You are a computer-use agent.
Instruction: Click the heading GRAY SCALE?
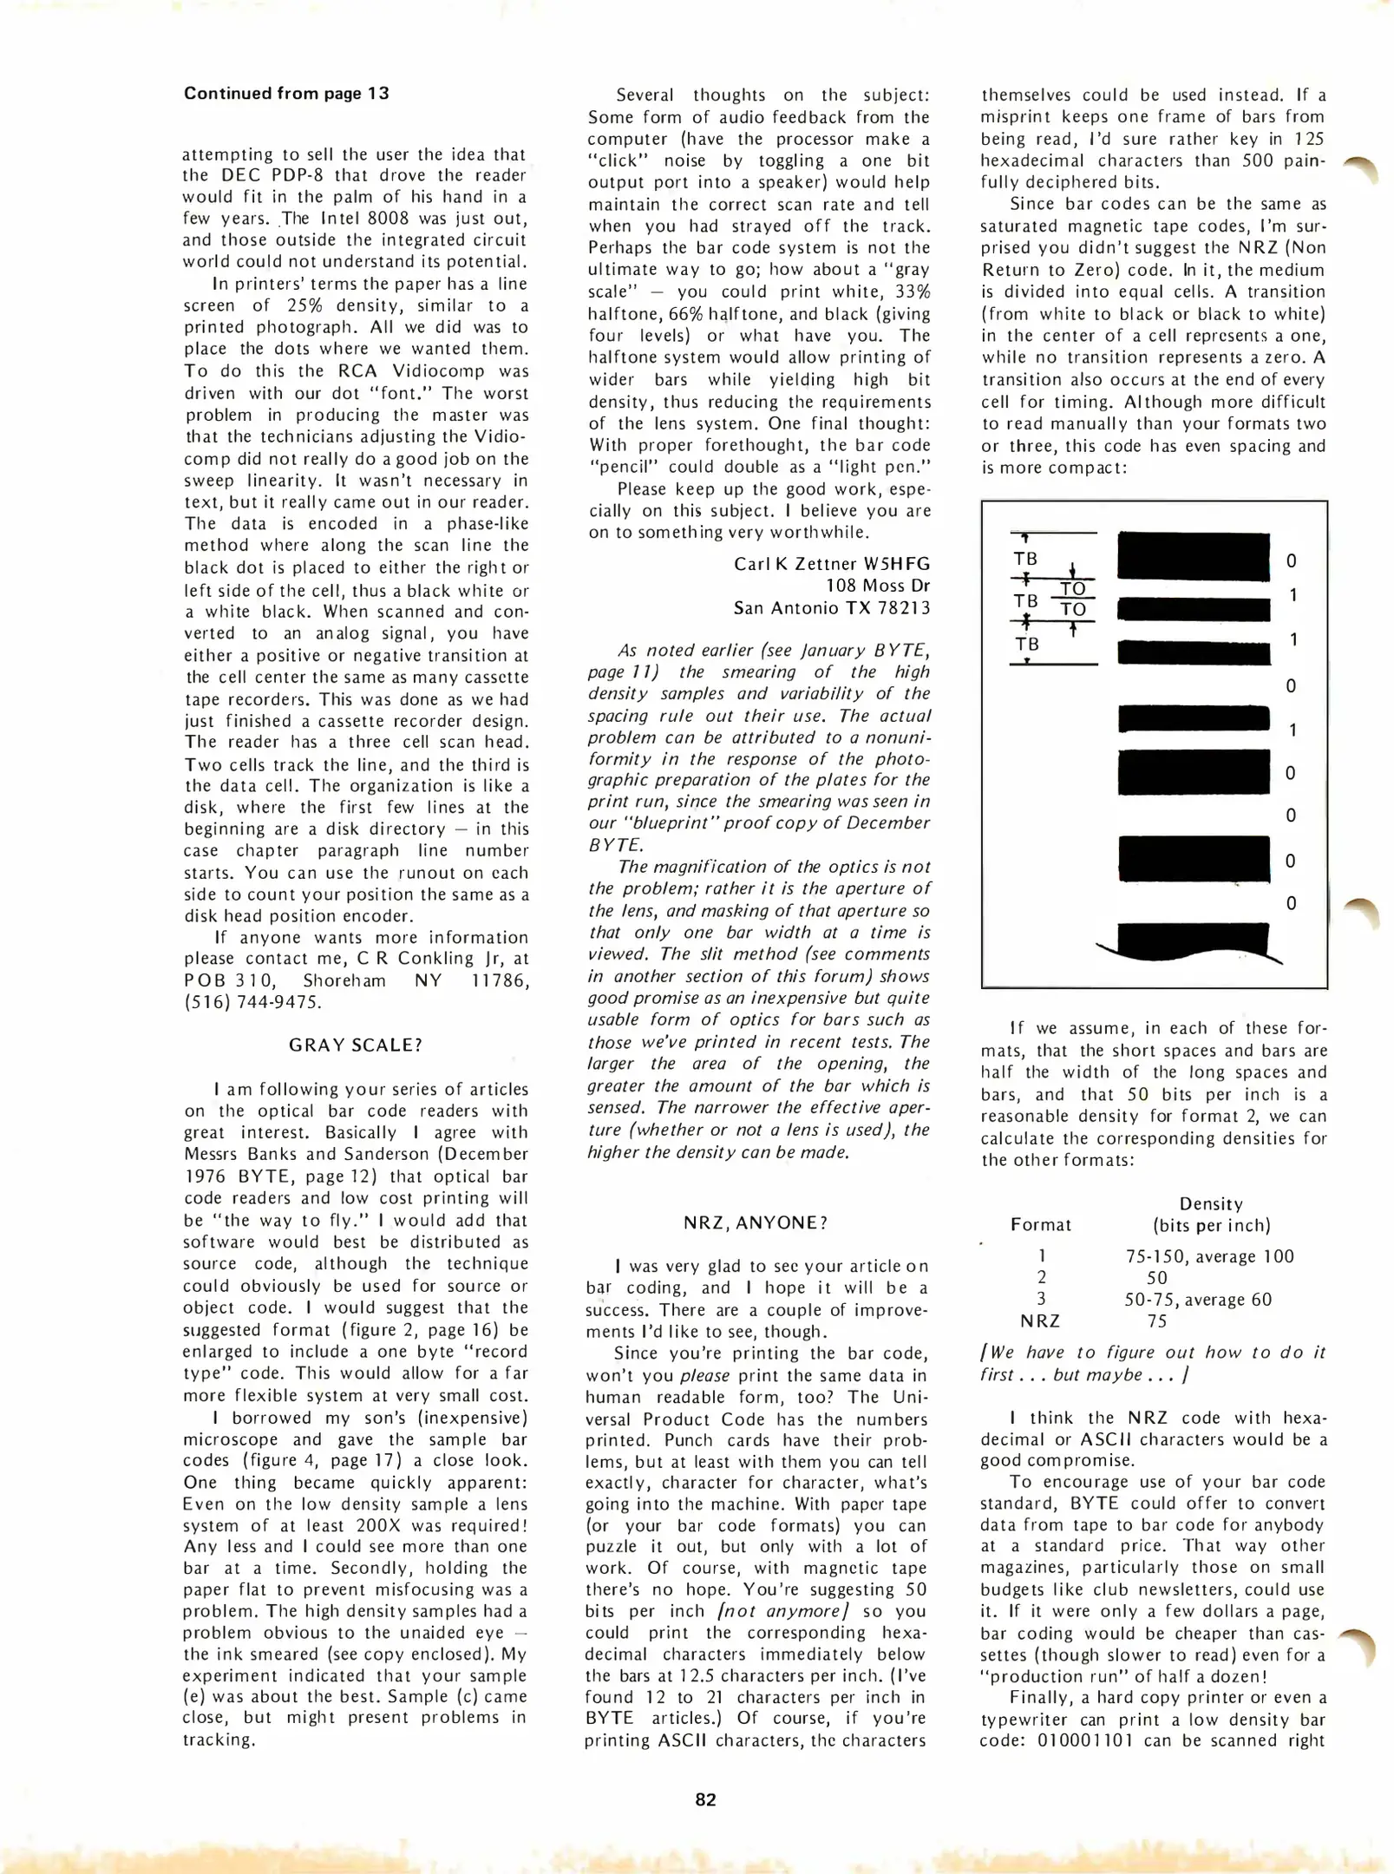(x=355, y=1045)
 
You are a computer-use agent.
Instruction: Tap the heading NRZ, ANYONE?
(x=756, y=1222)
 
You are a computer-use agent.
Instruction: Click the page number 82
(x=705, y=1799)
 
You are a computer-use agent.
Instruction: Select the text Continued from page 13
(x=286, y=94)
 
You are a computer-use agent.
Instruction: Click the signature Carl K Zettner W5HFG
(x=831, y=564)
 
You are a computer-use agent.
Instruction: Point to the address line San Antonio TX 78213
(x=831, y=608)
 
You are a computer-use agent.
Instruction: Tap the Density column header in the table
(x=1210, y=1204)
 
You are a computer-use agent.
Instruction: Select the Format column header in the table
(x=1040, y=1225)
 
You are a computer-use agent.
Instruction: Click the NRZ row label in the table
(x=1040, y=1321)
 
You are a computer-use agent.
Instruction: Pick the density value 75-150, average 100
(x=1208, y=1256)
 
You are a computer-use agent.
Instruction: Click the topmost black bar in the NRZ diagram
(x=1193, y=556)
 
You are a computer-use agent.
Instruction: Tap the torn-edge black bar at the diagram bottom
(x=1193, y=940)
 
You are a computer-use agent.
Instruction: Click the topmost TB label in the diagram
(x=1025, y=560)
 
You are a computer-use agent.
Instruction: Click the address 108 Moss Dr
(x=877, y=586)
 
